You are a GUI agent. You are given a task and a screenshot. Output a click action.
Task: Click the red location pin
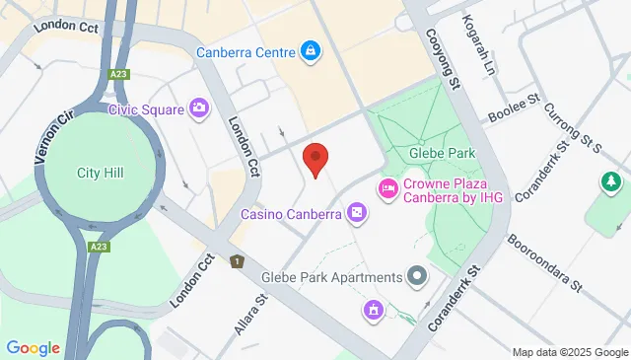coord(315,159)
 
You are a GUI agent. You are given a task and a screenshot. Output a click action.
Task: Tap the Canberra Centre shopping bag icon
coord(311,49)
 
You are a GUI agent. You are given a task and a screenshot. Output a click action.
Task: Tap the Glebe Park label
coord(442,153)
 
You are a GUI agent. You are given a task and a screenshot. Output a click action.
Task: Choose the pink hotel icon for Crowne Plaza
coord(387,187)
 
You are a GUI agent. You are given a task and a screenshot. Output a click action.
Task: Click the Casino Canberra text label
coord(291,214)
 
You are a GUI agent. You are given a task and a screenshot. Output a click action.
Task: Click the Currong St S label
coord(574,129)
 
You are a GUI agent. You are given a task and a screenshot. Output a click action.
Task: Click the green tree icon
coord(610,181)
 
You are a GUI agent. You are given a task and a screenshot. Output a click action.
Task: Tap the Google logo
coord(34,347)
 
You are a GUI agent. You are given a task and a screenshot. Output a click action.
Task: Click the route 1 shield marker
coord(237,262)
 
